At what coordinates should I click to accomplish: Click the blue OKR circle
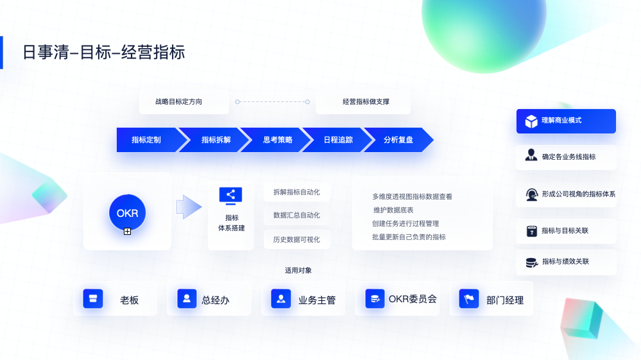[x=127, y=212]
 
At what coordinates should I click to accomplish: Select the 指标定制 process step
[x=146, y=140]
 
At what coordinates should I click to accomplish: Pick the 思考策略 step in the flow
[x=277, y=140]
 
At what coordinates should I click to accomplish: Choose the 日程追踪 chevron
[x=338, y=140]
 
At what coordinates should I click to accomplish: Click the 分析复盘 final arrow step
[x=398, y=140]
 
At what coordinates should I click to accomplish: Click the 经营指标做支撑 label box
[x=363, y=101]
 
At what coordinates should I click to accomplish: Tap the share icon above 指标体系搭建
[x=231, y=195]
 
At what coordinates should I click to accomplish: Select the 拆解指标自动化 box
[x=296, y=192]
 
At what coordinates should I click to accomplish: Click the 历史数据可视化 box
[x=296, y=239]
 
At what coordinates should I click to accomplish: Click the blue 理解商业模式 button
[x=566, y=121]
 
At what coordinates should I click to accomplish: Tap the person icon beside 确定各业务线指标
[x=531, y=156]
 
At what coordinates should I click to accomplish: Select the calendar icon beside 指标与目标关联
[x=531, y=231]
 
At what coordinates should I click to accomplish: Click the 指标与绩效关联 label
[x=565, y=262]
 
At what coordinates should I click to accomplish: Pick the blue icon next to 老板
[x=93, y=298]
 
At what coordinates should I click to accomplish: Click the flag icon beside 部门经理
[x=469, y=298]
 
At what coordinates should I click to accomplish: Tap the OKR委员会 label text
[x=413, y=298]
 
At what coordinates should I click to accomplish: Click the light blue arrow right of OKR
[x=189, y=207]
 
